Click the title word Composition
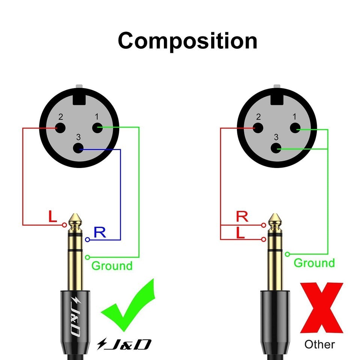[187, 41]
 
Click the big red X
[321, 307]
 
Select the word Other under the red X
[319, 344]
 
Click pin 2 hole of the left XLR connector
[60, 128]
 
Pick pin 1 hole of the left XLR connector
[97, 128]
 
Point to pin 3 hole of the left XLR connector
[78, 148]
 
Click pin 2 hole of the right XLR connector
[258, 128]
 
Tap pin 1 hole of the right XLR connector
[295, 128]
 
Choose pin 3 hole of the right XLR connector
[276, 148]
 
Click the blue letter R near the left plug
[100, 232]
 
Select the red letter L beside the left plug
[52, 216]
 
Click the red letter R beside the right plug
[242, 216]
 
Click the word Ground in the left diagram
[112, 266]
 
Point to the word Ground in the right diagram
[314, 263]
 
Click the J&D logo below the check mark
[124, 344]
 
